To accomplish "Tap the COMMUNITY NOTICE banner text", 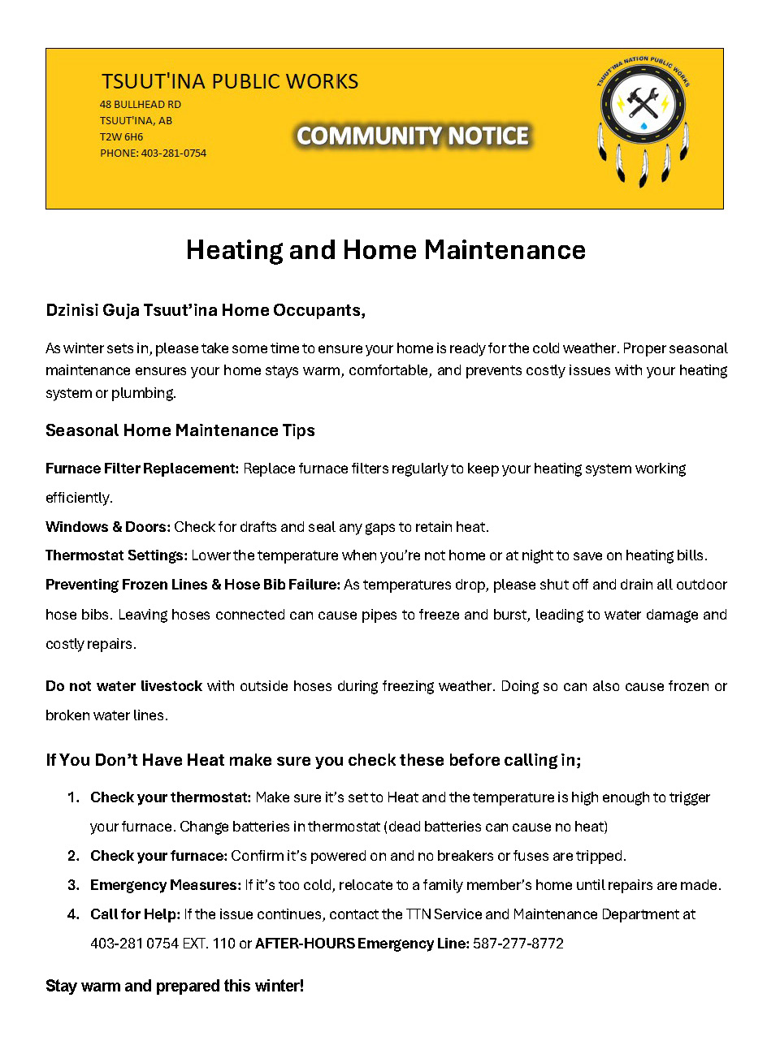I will [x=413, y=136].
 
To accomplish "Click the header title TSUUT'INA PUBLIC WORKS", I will [x=230, y=82].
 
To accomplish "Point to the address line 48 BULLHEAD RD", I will [x=141, y=105].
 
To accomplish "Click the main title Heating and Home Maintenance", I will [x=385, y=249].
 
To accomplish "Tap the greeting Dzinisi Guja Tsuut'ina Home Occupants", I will [x=206, y=310].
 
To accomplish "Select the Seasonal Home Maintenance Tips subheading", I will [x=180, y=430].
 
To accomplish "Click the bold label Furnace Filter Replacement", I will [x=142, y=469].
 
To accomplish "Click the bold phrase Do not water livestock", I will [x=123, y=686].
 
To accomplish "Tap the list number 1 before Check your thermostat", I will [x=72, y=797].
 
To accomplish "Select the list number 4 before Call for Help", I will [x=73, y=914].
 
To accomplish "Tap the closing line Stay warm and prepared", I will [x=175, y=987].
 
